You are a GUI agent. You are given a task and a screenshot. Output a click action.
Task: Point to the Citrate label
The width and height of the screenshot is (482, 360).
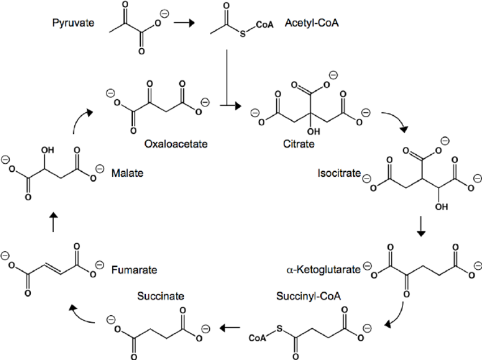point(298,144)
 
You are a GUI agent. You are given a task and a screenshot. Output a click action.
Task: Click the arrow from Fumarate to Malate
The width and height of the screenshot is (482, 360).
point(54,222)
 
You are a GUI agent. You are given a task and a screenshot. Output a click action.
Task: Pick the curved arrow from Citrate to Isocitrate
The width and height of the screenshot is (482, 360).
point(396,120)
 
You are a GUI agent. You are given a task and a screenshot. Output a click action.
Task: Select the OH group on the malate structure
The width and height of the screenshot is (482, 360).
point(46,151)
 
